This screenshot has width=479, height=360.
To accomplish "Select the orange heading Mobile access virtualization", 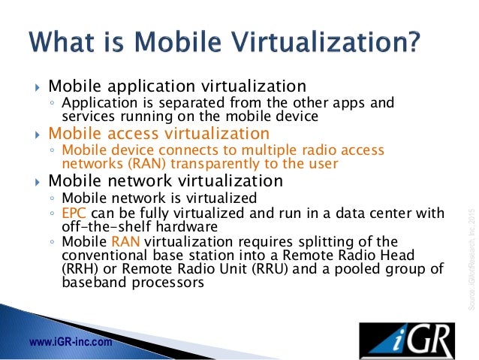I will [158, 134].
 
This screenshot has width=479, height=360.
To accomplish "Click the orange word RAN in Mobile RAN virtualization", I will [125, 241].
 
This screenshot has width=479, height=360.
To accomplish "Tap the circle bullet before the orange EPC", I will [52, 213].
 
